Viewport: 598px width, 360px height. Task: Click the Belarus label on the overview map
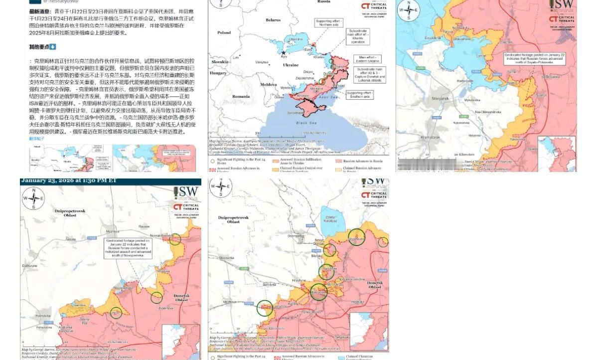[x=273, y=20]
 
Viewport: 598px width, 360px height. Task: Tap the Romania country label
[x=241, y=96]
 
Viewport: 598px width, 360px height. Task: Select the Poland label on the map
[x=224, y=33]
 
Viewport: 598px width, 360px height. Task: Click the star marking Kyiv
[x=284, y=53]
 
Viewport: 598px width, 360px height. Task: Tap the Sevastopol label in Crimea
[x=295, y=113]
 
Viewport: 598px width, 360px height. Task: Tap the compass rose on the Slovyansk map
[x=408, y=10]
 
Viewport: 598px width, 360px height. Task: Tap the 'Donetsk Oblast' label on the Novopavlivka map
[x=181, y=298]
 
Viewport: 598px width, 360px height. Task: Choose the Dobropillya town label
[x=296, y=236]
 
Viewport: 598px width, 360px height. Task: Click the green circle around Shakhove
[x=356, y=237]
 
